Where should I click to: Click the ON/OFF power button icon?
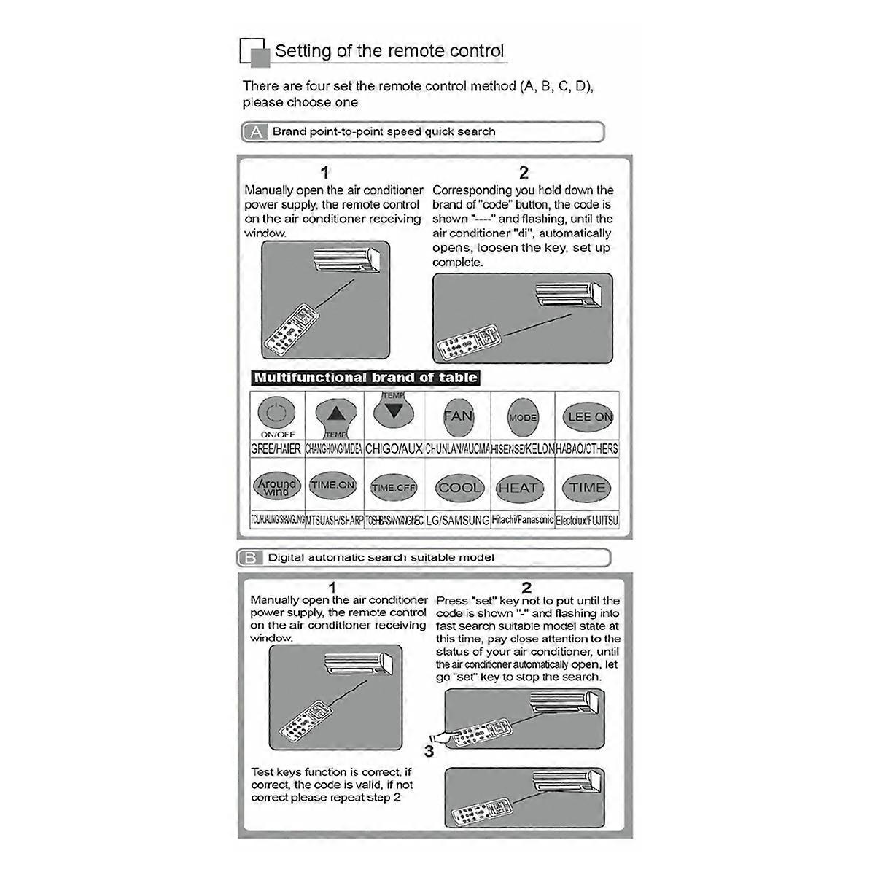point(276,414)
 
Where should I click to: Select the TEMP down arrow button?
point(394,410)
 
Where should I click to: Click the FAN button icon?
point(458,416)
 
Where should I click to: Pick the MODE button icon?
point(523,417)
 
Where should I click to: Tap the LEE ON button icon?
point(589,416)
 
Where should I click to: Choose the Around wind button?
point(277,486)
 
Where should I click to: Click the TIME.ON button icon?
point(333,485)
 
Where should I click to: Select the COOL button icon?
point(459,488)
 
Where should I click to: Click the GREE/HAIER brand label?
point(276,448)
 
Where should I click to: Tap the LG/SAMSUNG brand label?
point(458,520)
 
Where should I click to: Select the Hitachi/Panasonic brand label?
point(522,520)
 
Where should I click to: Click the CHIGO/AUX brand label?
point(394,448)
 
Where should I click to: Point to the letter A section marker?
point(256,132)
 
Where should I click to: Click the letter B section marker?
point(249,558)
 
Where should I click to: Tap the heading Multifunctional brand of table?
point(365,378)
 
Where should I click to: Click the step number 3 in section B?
point(429,751)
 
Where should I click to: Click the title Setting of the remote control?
point(389,51)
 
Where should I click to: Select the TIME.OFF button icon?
point(394,488)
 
